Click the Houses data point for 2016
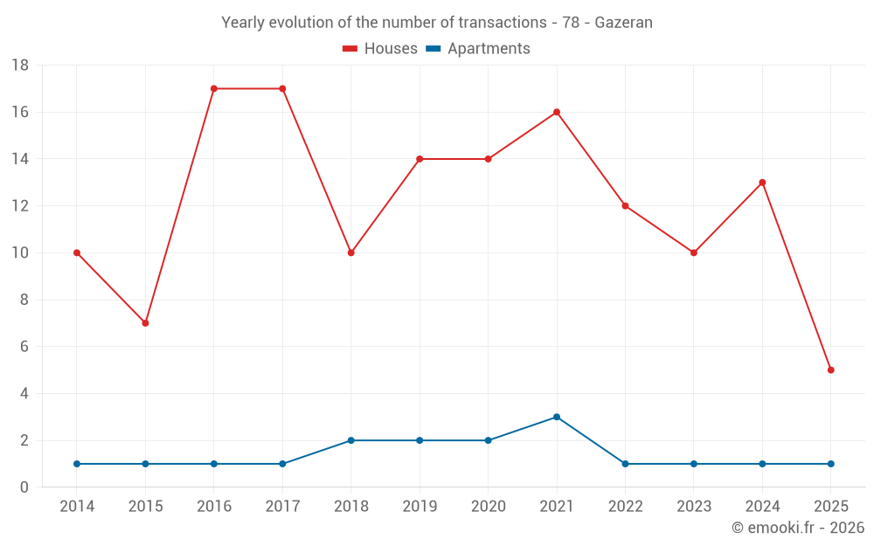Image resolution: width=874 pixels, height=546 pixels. [x=214, y=88]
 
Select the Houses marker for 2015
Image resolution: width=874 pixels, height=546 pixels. [x=145, y=323]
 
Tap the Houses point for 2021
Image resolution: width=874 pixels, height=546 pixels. [x=557, y=112]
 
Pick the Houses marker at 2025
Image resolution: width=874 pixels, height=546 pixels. [x=830, y=370]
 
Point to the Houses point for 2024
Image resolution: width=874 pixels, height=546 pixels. [x=762, y=183]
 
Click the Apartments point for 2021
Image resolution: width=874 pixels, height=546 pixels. [x=557, y=417]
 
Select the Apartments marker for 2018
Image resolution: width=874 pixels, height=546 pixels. [x=351, y=440]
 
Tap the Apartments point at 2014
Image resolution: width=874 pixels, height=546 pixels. [x=77, y=464]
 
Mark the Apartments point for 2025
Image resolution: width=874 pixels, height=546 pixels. [x=830, y=464]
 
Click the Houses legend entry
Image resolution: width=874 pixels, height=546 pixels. [x=380, y=49]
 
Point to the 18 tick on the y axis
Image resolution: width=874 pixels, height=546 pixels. [x=20, y=66]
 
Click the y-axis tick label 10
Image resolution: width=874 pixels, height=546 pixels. [x=20, y=253]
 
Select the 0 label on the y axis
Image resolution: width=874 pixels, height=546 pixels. [x=24, y=487]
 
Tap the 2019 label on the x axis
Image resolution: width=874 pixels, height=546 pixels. [x=420, y=507]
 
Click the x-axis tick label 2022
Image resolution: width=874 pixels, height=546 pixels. [x=625, y=507]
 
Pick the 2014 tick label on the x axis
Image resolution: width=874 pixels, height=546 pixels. [x=77, y=507]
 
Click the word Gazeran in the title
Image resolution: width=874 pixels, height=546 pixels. [x=623, y=23]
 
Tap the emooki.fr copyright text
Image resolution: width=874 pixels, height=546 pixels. [x=798, y=528]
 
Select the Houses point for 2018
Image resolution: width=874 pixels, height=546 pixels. [x=351, y=253]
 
